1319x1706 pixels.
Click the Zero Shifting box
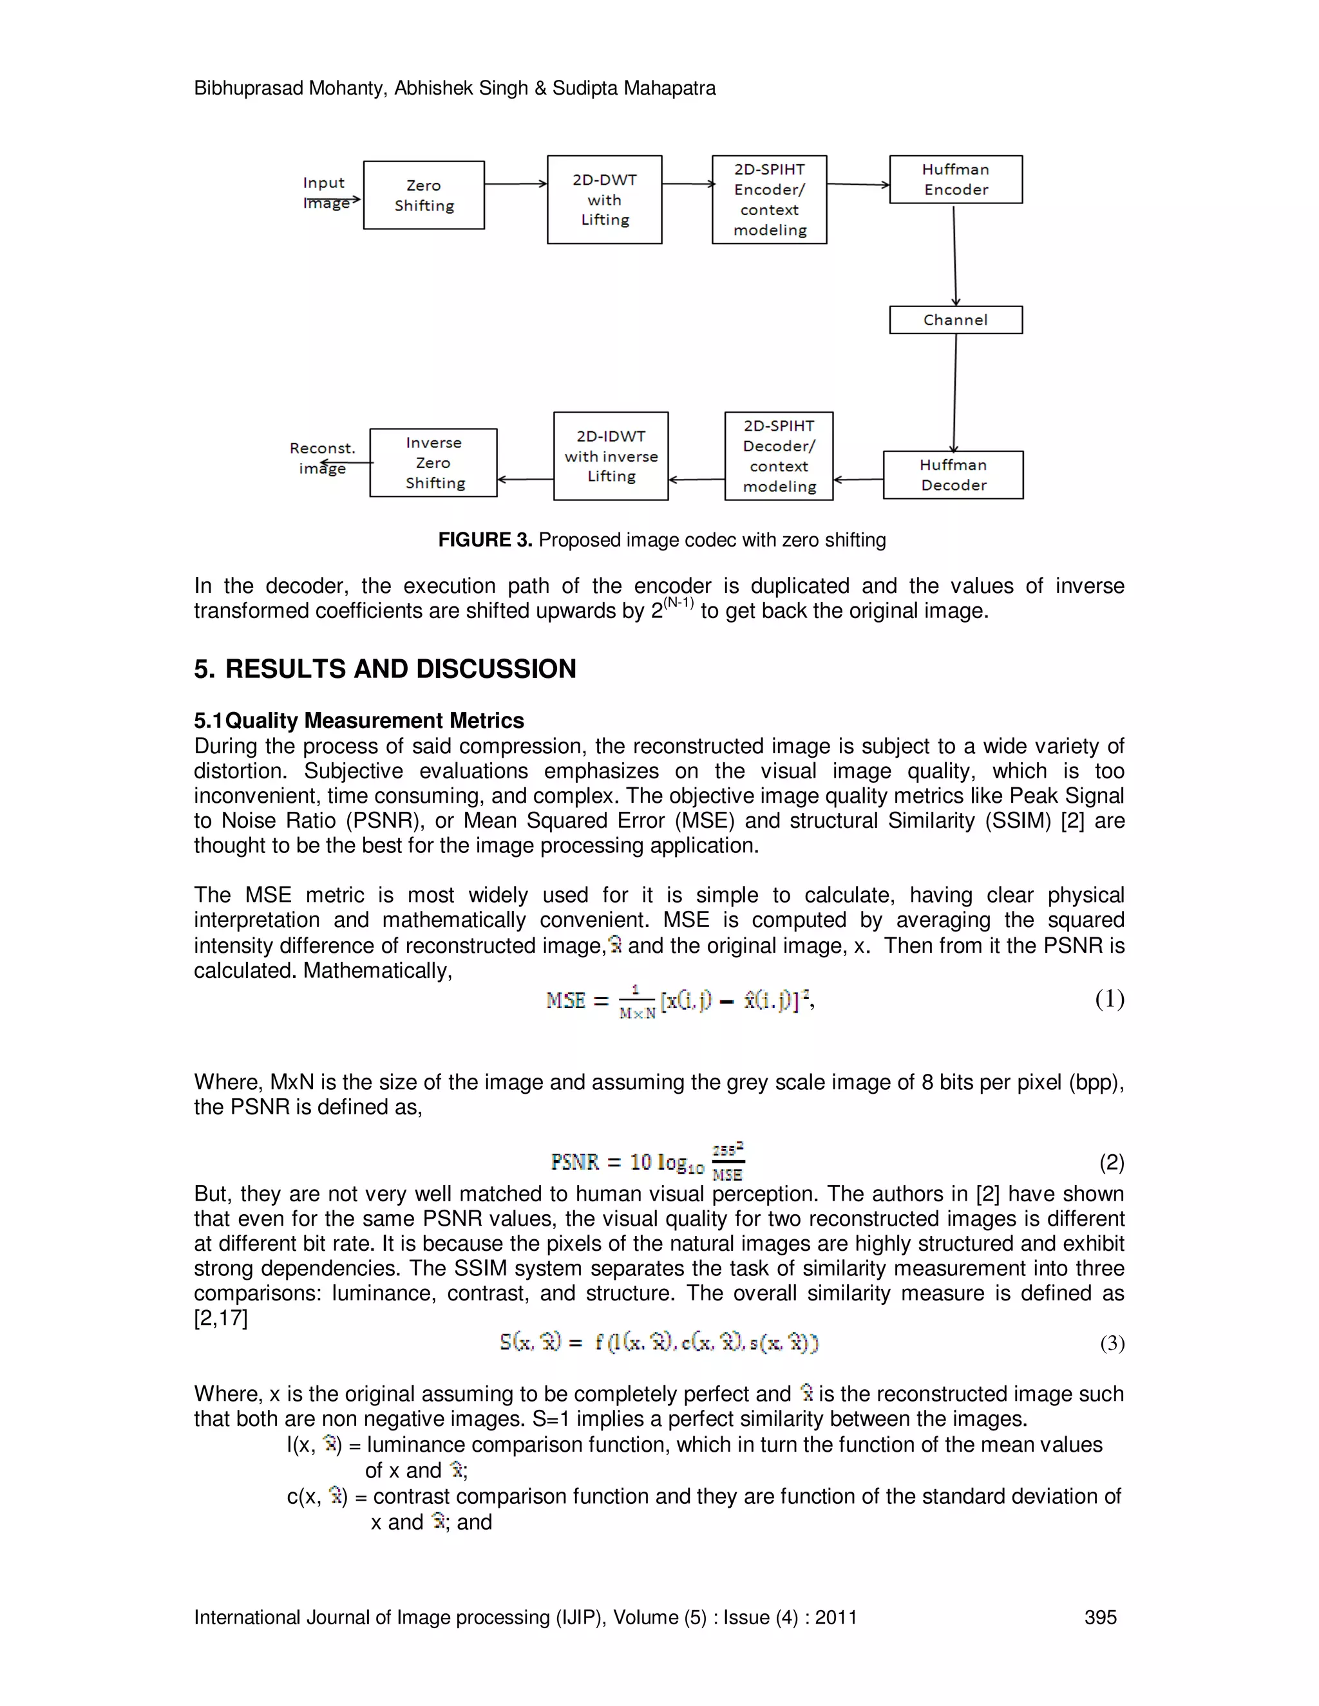point(424,195)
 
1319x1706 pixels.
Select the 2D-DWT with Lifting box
point(604,200)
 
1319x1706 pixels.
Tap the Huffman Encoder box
point(955,180)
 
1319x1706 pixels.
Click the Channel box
point(955,320)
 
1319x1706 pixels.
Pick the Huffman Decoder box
point(953,475)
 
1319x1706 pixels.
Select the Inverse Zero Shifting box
point(433,462)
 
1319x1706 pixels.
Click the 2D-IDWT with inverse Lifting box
point(611,456)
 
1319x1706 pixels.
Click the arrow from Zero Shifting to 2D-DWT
point(515,184)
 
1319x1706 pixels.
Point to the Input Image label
point(325,192)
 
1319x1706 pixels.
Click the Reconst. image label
point(322,458)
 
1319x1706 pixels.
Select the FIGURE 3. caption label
point(484,539)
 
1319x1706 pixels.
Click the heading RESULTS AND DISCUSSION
point(400,669)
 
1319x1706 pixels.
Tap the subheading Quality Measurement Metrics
point(374,720)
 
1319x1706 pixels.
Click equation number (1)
point(1109,999)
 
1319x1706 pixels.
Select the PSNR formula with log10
point(647,1161)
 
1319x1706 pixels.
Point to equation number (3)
point(1112,1344)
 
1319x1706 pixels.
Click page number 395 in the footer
point(1099,1617)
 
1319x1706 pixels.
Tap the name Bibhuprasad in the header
point(249,88)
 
